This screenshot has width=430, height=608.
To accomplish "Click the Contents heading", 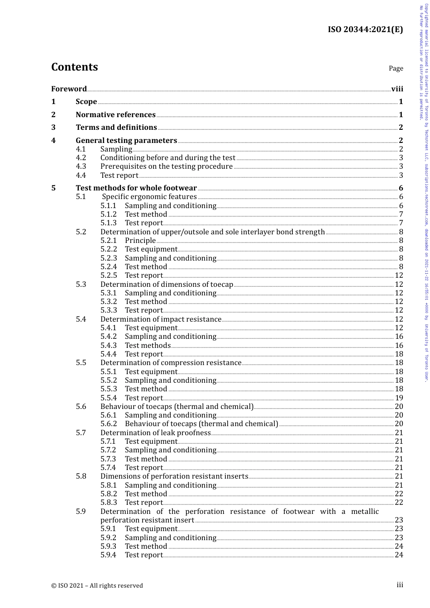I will point(74,67).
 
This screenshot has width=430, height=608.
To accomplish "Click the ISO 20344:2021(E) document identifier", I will point(365,30).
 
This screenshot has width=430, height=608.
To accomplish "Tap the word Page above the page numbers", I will point(396,68).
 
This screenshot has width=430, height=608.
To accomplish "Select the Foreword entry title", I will point(69,89).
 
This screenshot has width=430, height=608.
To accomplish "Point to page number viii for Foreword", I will point(397,89).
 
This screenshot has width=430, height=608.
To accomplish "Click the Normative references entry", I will point(115,114).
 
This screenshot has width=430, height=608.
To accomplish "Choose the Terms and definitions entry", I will point(116,127).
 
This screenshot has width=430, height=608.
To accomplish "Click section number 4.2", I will point(81,157).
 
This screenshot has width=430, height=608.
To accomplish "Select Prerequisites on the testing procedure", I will point(166,166).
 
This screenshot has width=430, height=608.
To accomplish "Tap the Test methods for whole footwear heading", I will point(136,188).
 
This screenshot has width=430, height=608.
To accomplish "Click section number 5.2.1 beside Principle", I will point(109,240).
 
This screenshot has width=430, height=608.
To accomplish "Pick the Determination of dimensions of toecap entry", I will point(167,284).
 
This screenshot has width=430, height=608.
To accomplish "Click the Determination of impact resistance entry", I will point(161,319).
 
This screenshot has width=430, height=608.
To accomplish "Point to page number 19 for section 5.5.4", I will point(399,398).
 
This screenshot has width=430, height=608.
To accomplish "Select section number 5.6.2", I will point(109,423).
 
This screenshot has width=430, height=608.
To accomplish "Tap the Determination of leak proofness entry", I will point(155,432).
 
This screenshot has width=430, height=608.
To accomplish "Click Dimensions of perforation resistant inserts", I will point(174,476).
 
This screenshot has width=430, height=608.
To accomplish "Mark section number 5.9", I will point(81,511).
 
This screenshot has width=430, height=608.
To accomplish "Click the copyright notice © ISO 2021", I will point(97,585).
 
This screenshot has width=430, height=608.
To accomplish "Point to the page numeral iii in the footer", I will point(400,584).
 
